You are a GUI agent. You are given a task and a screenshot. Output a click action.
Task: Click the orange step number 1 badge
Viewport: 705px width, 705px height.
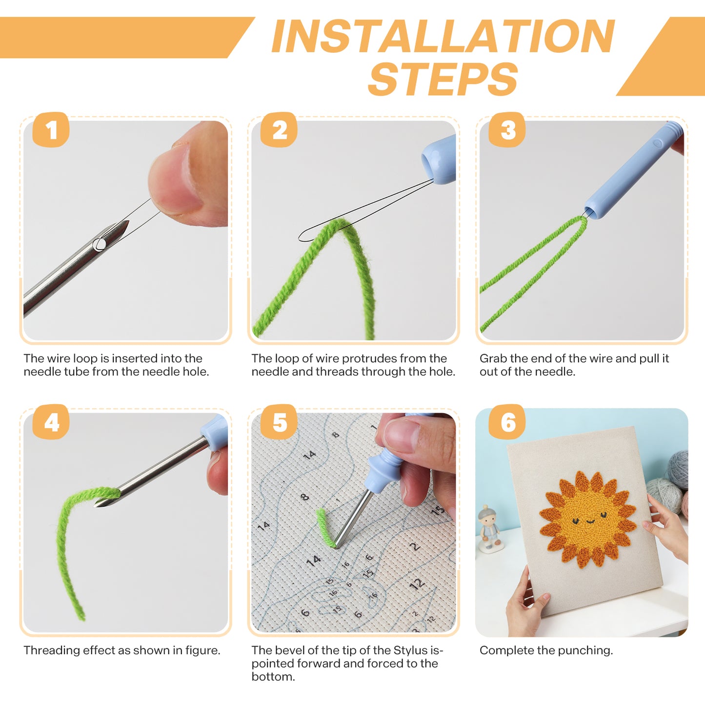[x=51, y=129]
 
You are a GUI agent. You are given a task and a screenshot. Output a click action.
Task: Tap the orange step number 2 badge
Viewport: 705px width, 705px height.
[x=279, y=129]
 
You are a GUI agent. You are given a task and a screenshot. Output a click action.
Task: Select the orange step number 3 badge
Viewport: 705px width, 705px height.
[x=507, y=129]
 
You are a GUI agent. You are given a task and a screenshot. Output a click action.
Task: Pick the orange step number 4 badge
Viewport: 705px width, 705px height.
[x=51, y=422]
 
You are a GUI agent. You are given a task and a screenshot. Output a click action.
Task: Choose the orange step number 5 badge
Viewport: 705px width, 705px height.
[x=279, y=422]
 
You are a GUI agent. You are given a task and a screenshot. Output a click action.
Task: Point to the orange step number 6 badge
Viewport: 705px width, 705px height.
[x=507, y=422]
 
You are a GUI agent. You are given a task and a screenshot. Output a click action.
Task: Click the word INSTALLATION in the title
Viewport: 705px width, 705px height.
[x=443, y=36]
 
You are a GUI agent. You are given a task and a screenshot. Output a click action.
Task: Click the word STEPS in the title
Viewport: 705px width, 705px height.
[x=443, y=78]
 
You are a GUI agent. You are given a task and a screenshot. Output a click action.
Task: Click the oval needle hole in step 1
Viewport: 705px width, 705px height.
[x=100, y=244]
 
